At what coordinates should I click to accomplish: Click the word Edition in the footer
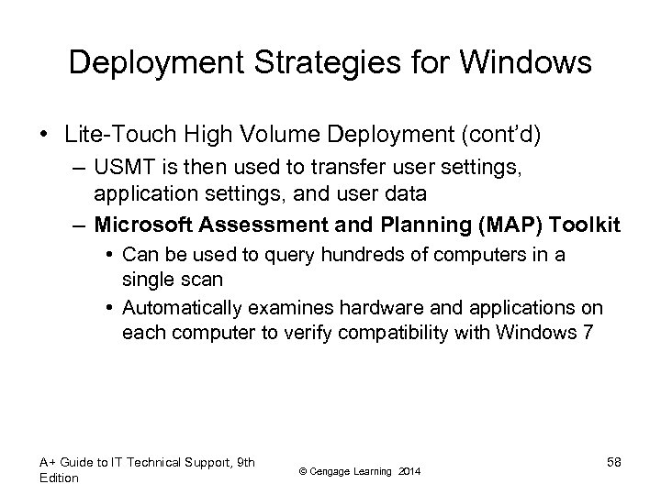click(x=59, y=478)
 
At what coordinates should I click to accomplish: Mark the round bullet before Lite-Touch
click(x=44, y=137)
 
